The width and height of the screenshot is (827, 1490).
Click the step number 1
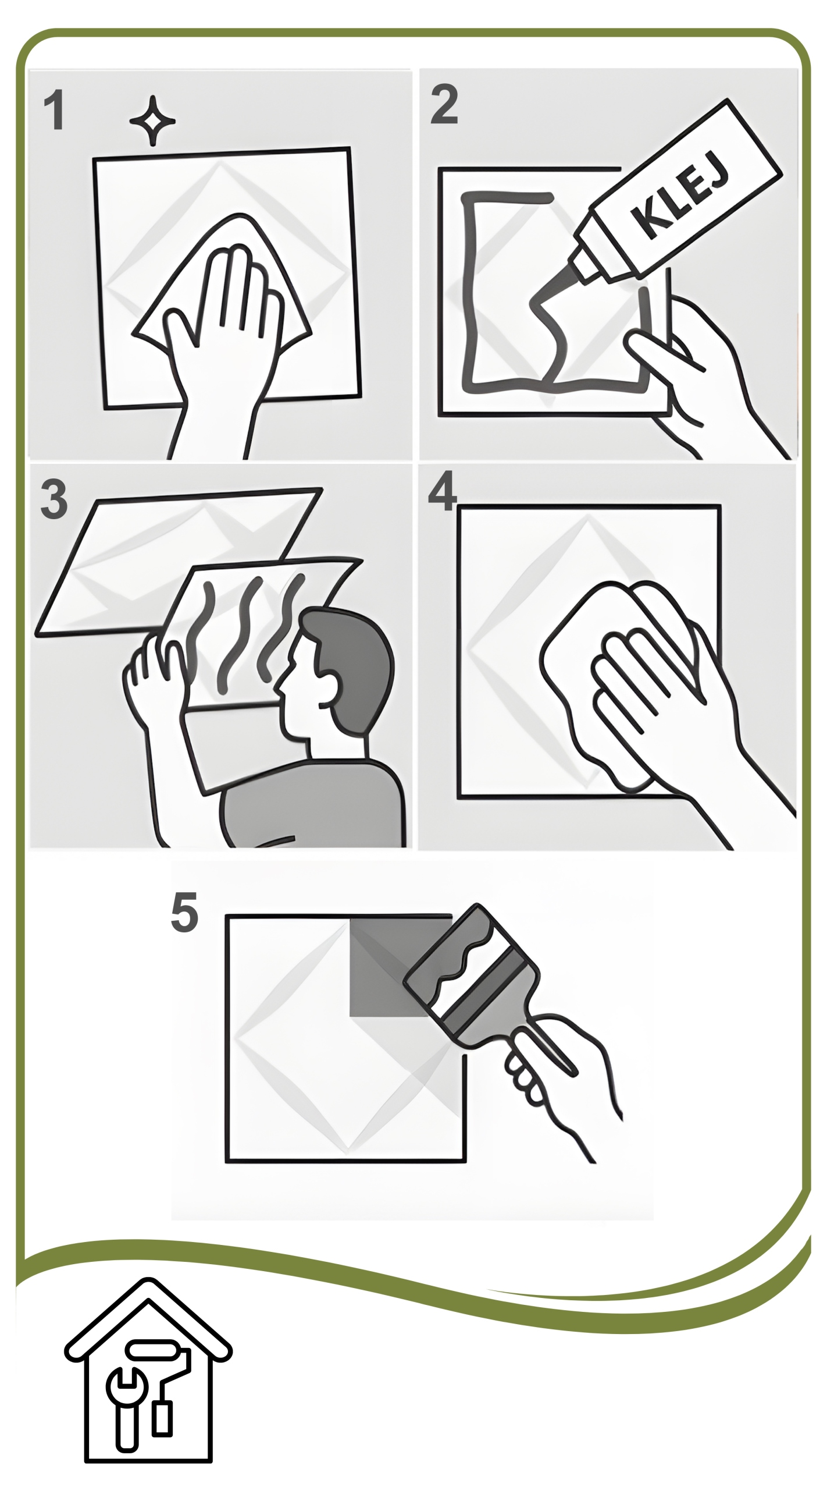(54, 111)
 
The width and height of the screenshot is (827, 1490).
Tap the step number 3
(54, 499)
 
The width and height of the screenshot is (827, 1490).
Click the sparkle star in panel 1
(152, 120)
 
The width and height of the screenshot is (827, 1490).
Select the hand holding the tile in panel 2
(698, 372)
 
